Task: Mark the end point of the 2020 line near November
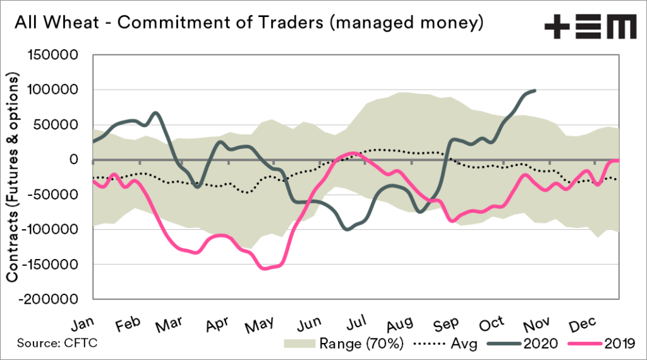pos(535,91)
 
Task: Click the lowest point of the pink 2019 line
pos(264,268)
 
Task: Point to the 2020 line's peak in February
pos(155,113)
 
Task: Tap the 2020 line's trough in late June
pos(347,229)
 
